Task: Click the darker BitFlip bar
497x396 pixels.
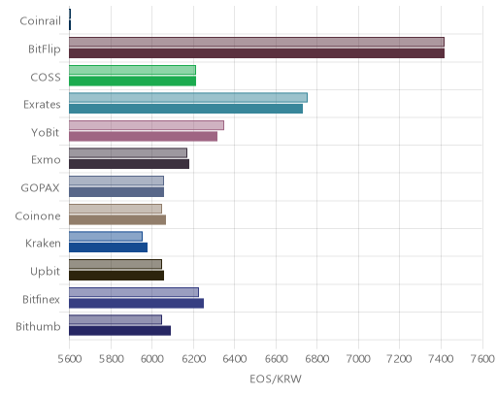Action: [x=256, y=53]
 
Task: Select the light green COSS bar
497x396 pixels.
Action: [x=132, y=70]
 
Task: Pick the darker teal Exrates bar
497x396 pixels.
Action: [x=185, y=109]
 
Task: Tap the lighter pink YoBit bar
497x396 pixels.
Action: [x=147, y=125]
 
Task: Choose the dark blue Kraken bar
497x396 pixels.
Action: [x=108, y=247]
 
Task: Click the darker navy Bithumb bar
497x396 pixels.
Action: [x=119, y=331]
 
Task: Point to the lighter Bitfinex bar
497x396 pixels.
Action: [x=134, y=292]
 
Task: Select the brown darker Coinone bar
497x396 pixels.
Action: [x=117, y=219]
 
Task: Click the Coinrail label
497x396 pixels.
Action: [x=40, y=21]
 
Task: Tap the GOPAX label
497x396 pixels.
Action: [x=40, y=188]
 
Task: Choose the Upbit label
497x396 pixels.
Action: [x=45, y=272]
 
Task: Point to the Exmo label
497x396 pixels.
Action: [x=46, y=160]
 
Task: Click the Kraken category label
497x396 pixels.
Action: [x=43, y=243]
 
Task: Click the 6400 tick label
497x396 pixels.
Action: [x=234, y=359]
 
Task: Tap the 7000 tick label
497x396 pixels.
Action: [x=358, y=359]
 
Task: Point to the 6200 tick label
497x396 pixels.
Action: [x=193, y=359]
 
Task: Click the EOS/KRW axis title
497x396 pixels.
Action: [x=276, y=379]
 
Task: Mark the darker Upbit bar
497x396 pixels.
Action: [x=116, y=276]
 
